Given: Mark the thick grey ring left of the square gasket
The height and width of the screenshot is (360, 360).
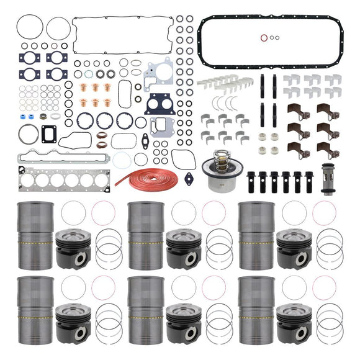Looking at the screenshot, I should coord(28,133).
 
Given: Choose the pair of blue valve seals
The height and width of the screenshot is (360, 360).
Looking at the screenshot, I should coord(38,116).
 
